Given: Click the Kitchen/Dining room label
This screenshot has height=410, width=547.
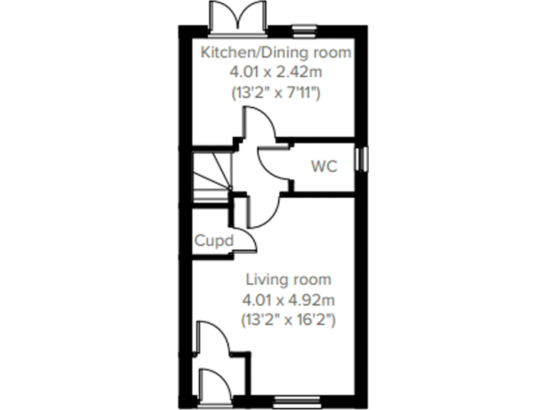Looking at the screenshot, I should coord(276,52).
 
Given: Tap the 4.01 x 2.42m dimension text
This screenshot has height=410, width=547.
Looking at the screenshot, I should coord(276,71).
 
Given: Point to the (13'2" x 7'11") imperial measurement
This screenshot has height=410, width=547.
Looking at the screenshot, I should coord(276,92).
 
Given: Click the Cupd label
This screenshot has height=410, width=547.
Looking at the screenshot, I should coord(214,241).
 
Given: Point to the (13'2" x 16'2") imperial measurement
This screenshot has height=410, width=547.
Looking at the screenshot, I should coord(288,320).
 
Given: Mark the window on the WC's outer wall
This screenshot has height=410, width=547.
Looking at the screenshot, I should coord(362,158).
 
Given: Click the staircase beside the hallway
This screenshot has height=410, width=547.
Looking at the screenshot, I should coord(212,177).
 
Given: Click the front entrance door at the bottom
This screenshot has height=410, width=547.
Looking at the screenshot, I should coord(214,384).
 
